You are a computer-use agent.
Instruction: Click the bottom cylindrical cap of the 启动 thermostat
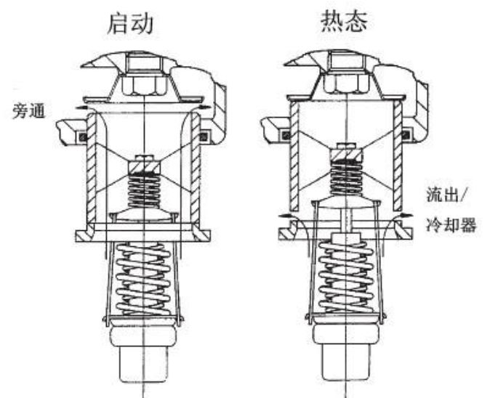pyautogui.click(x=145, y=364)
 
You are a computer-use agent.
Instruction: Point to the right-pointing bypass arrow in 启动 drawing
pyautogui.click(x=209, y=107)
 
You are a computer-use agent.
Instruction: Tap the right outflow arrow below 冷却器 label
pyautogui.click(x=401, y=216)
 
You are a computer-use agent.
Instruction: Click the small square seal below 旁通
pyautogui.click(x=83, y=137)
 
